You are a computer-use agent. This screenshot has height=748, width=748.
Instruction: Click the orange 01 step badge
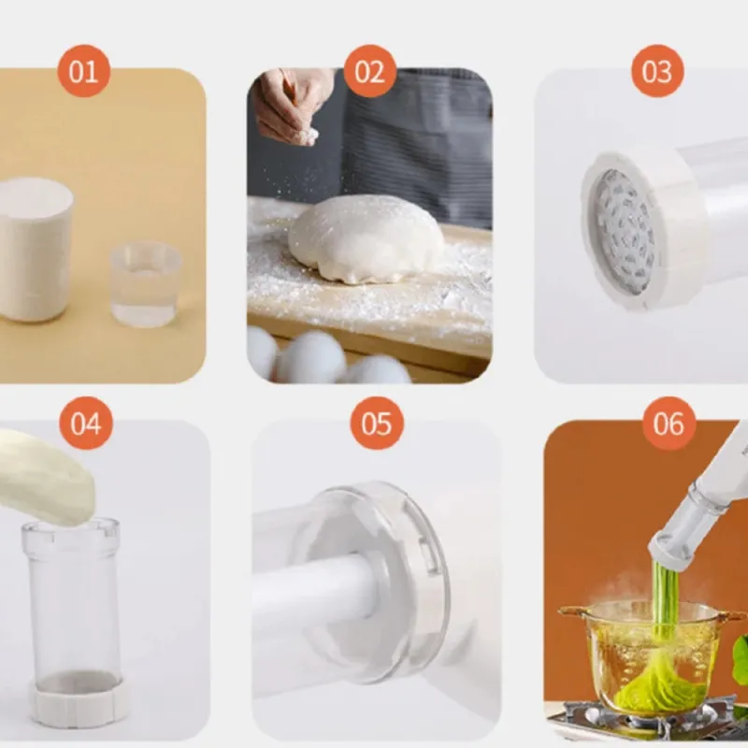[x=84, y=71]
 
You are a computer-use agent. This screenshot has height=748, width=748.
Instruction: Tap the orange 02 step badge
[x=369, y=71]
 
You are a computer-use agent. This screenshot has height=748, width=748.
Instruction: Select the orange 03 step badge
[x=657, y=71]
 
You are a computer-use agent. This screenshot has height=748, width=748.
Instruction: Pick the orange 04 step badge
[x=86, y=423]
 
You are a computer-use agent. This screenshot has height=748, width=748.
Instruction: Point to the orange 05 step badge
[x=377, y=423]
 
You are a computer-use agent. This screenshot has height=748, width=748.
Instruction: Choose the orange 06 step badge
[x=669, y=423]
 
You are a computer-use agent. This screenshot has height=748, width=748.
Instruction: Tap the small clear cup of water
[x=146, y=284]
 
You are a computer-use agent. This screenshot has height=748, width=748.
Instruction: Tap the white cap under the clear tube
[x=79, y=701]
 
